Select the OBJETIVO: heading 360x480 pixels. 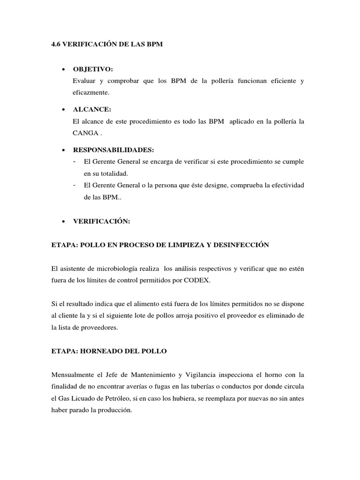point(93,69)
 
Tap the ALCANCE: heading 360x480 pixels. point(92,110)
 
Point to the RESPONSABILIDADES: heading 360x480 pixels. point(113,150)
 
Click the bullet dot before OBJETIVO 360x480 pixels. point(63,69)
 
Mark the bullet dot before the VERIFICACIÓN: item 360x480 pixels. point(63,221)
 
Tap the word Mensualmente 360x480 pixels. point(74,374)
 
